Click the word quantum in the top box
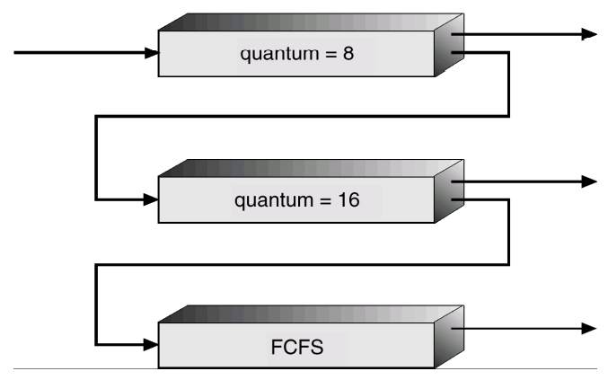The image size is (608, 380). [273, 54]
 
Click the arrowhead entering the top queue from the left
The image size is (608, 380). [151, 53]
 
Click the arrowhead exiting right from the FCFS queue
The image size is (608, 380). [589, 326]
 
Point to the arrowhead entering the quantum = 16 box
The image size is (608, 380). [151, 198]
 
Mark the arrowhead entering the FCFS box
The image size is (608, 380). [151, 342]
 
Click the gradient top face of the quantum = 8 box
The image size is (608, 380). [305, 22]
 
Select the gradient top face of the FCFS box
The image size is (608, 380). [305, 314]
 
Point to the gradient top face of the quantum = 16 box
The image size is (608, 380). [305, 168]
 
